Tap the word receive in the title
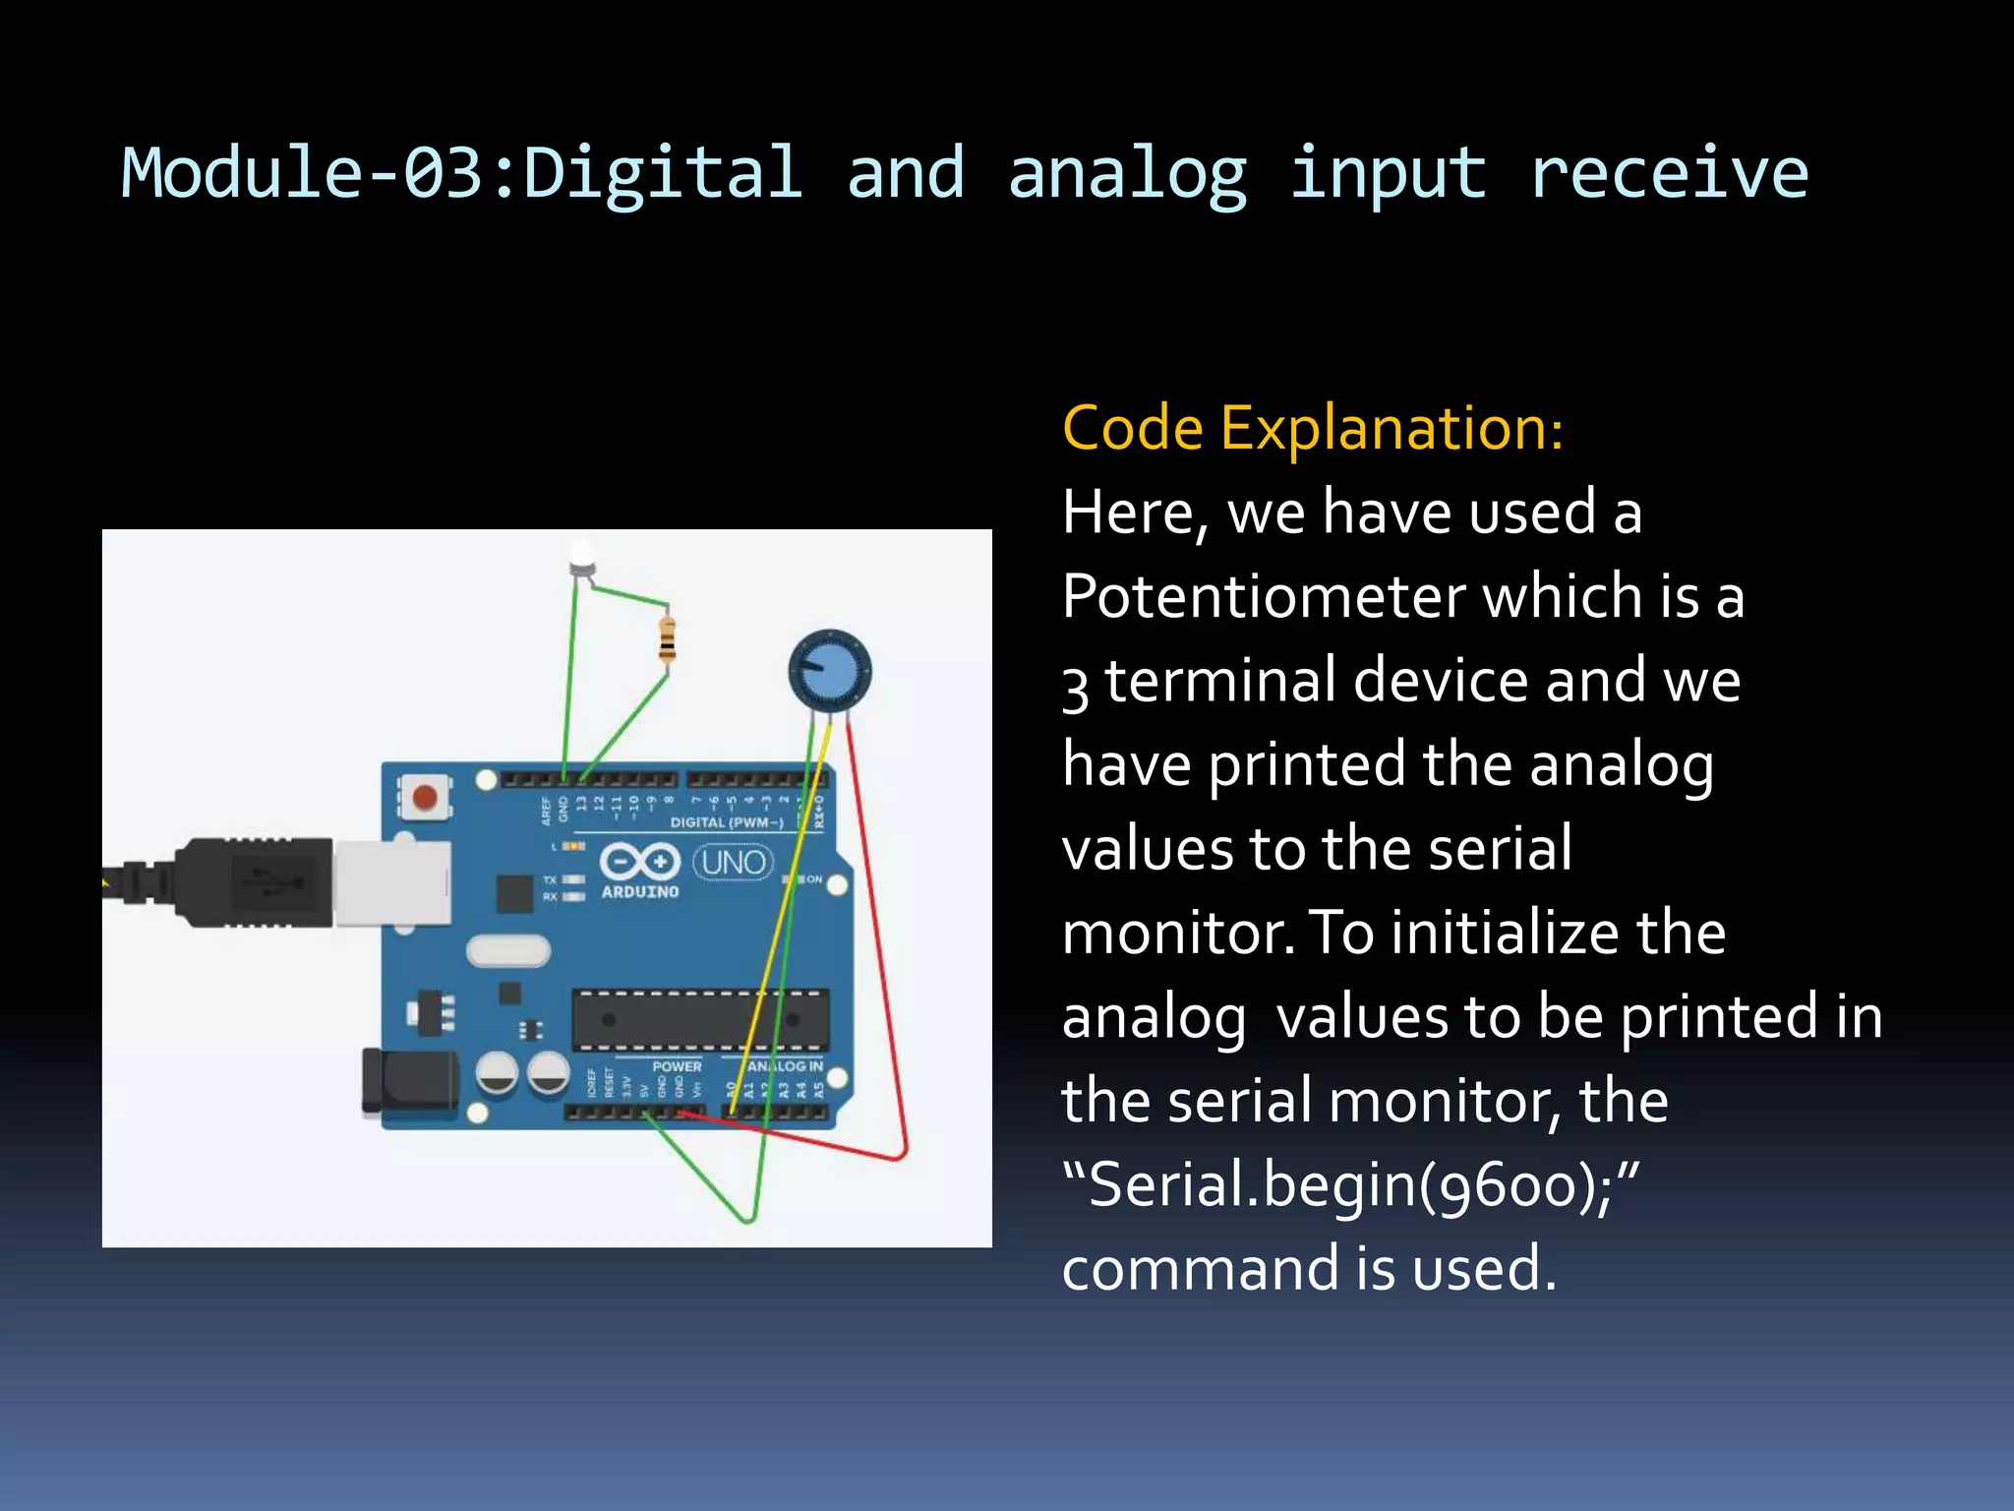click(1669, 173)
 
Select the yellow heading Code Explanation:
click(1313, 429)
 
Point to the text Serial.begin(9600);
click(1351, 1185)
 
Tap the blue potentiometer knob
click(829, 672)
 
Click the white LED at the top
click(582, 557)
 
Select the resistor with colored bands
click(668, 640)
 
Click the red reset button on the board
click(425, 796)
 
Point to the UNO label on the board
click(734, 863)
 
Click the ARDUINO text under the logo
click(640, 892)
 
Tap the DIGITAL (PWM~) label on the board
click(727, 822)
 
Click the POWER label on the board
click(677, 1066)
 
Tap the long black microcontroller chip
click(700, 1019)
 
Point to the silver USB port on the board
click(391, 881)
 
